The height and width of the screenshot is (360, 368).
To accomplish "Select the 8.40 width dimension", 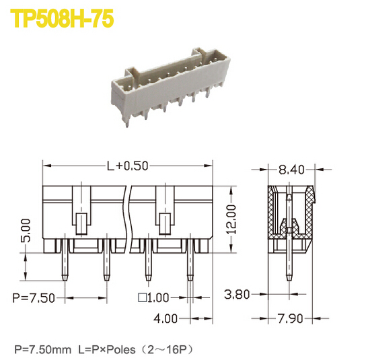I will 292,169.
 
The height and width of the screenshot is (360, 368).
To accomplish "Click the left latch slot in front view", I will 81,222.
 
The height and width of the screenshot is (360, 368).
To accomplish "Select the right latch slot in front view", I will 163,222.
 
